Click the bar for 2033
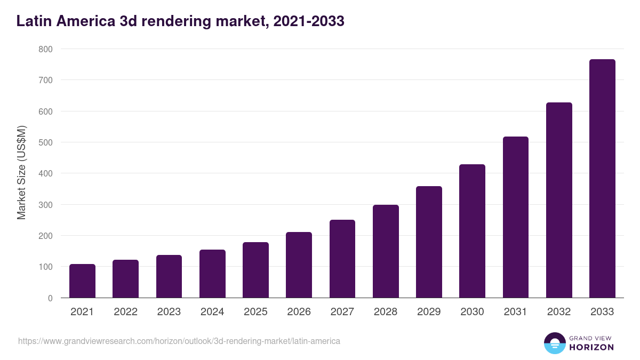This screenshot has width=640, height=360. coord(602,179)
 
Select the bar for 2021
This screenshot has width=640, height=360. coord(82,281)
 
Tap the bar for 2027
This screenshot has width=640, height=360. coord(342,259)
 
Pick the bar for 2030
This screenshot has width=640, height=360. coord(472,231)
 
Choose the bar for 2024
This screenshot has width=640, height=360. coord(212,274)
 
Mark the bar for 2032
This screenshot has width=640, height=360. coord(559,200)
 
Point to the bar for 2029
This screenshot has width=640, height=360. coord(429,242)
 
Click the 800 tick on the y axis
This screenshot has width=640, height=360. coord(46,49)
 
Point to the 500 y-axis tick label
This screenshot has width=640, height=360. coord(46,142)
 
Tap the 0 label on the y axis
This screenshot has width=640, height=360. coord(50,298)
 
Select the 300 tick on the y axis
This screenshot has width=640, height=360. coord(46,205)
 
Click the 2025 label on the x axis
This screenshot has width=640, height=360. coord(255,312)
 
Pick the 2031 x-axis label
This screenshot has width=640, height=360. coord(516,312)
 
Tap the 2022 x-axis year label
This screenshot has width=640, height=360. coord(125,312)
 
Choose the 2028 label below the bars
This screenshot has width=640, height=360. coord(386,312)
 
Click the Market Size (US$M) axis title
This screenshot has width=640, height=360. coord(21,173)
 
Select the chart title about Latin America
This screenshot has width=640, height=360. coord(180,21)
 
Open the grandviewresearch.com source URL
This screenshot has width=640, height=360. coord(179,341)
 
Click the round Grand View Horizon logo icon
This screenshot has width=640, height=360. coord(554,343)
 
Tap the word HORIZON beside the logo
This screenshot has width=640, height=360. coord(591,347)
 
